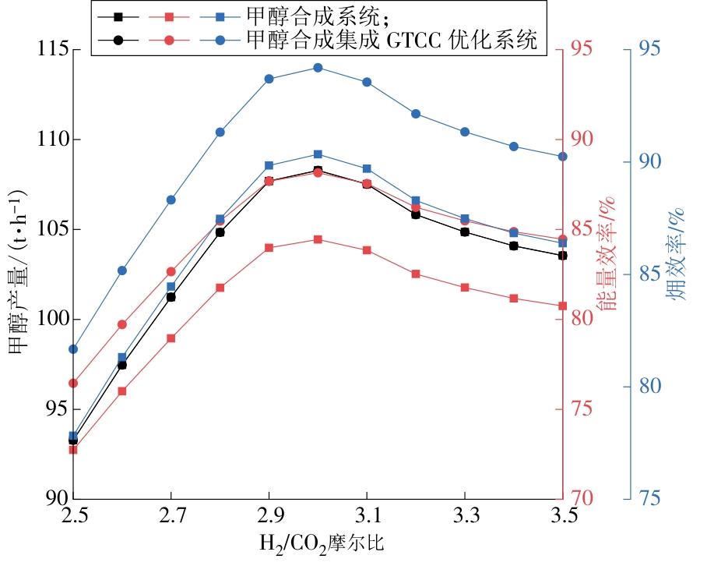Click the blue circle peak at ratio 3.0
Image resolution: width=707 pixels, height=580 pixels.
coord(318,68)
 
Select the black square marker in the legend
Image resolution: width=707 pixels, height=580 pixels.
coord(118,16)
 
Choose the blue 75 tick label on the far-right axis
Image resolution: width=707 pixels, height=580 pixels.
coord(645,498)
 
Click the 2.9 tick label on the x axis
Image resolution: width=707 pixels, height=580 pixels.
coord(269,515)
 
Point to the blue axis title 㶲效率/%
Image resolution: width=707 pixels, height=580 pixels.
coord(674,254)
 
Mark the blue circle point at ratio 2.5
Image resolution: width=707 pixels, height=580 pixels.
coord(73,349)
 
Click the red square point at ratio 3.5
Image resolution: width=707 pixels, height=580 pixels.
coord(562,306)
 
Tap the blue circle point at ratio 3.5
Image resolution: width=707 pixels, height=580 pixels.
coord(562,156)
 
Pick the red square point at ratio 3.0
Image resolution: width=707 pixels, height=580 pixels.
coord(318,239)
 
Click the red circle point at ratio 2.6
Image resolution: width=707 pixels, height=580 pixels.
coord(122,324)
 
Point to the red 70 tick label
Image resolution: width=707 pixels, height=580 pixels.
coord(584,498)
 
